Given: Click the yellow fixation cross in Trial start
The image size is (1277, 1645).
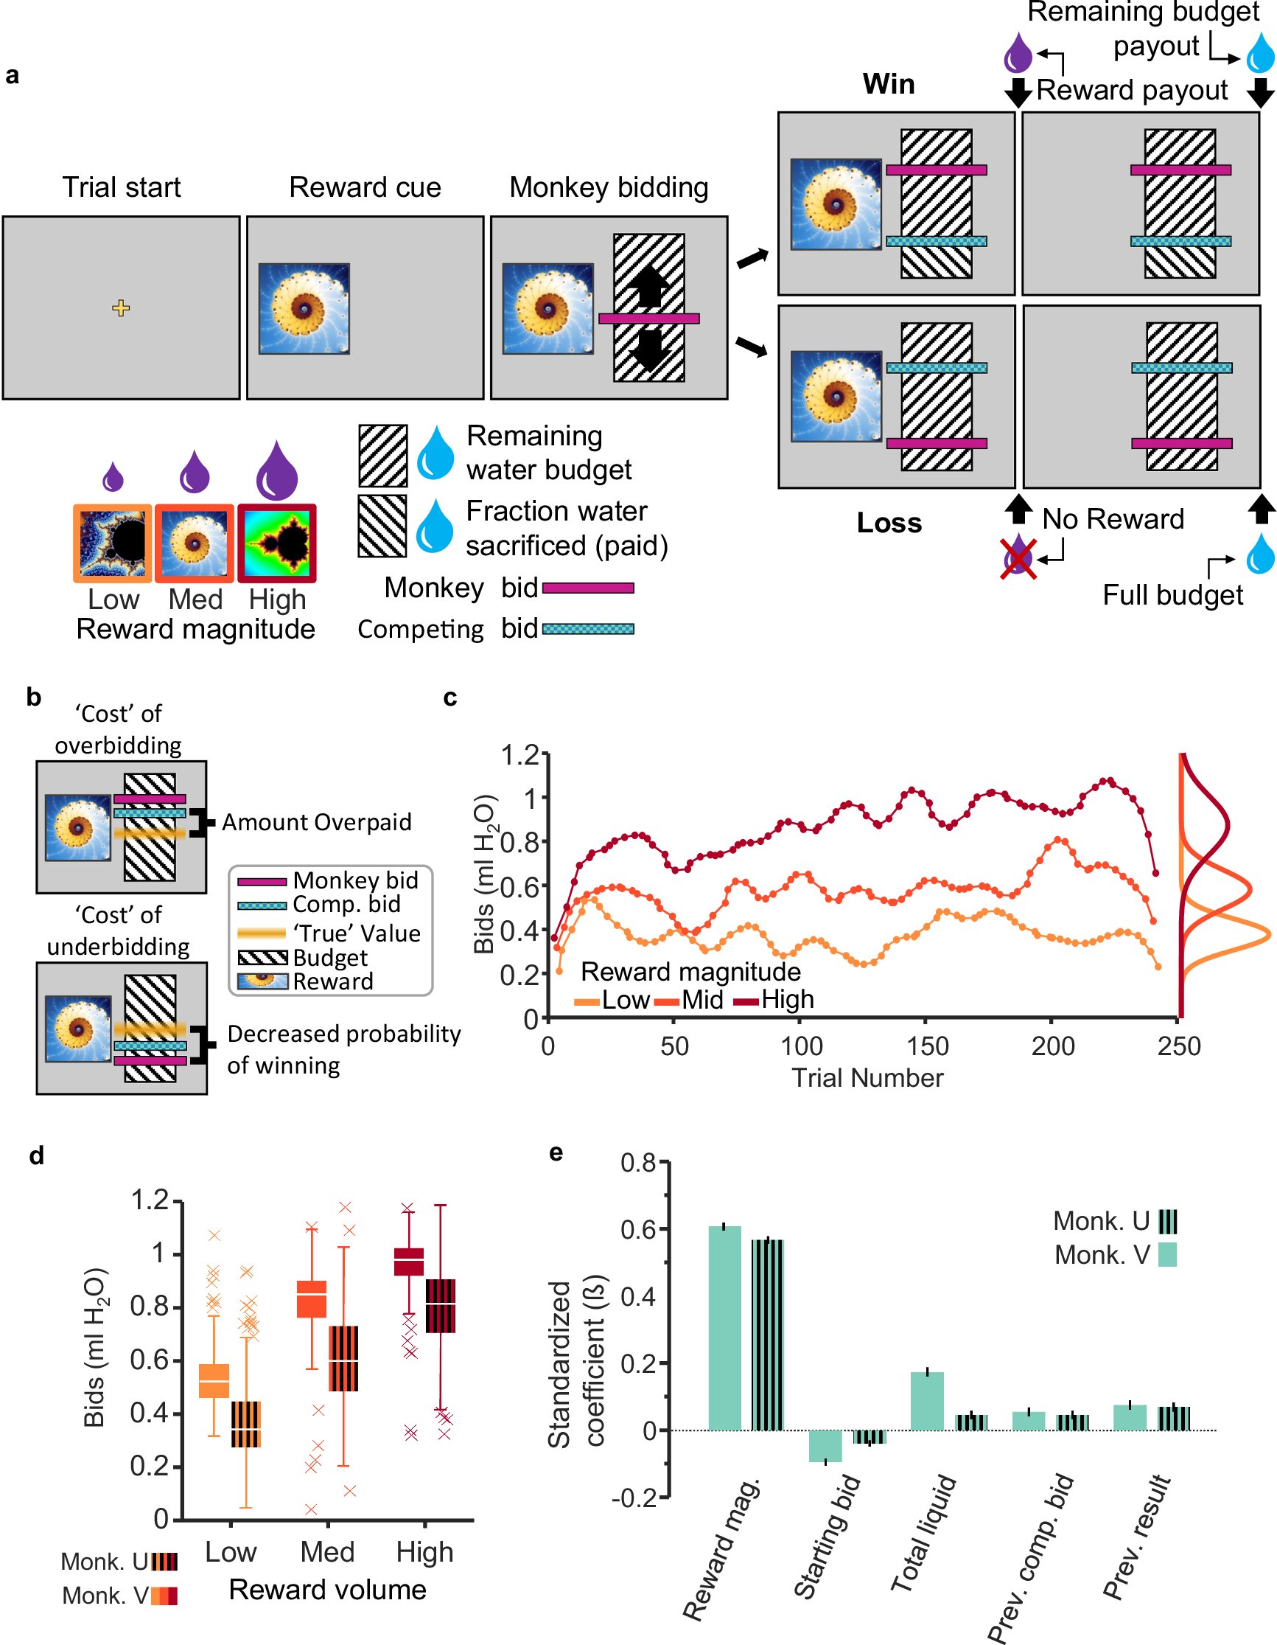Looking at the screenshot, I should tap(120, 307).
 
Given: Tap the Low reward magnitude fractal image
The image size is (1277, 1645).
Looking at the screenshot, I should tap(112, 543).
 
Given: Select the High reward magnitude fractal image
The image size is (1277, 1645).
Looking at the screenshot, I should tap(277, 543).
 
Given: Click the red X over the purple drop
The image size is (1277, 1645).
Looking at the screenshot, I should tap(1018, 558).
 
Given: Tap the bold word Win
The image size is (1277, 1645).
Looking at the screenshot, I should tap(889, 83).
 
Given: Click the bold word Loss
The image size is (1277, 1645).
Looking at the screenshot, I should tap(889, 523).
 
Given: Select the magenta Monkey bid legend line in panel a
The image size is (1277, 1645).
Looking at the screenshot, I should tap(588, 588).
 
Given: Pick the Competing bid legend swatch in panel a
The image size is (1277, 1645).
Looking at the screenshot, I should tap(588, 629).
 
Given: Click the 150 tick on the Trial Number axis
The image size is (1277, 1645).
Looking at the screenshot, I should tap(927, 1046).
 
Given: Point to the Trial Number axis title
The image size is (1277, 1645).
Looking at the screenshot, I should tap(867, 1078).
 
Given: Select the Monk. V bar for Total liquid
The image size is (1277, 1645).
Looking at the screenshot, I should tap(927, 1401).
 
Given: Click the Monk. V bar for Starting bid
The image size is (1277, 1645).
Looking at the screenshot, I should tap(825, 1445).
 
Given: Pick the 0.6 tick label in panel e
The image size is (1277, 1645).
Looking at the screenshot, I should tap(638, 1230).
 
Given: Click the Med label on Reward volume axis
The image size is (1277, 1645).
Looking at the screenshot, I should tap(326, 1552).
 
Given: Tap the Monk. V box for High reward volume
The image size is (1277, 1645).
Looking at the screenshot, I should tap(409, 1262).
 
